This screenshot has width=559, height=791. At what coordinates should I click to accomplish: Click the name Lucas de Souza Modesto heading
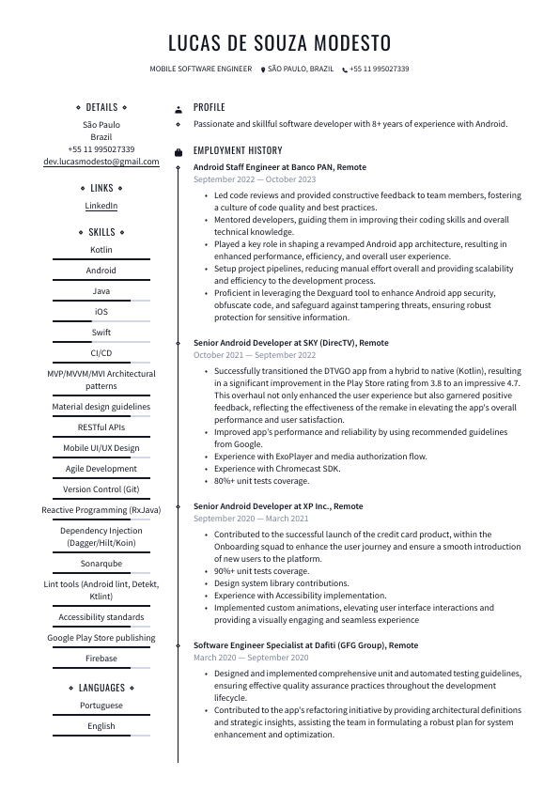(279, 43)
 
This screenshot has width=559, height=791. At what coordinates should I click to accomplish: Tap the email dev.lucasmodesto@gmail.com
(101, 162)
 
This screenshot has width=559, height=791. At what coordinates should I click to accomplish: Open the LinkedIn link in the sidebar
(101, 206)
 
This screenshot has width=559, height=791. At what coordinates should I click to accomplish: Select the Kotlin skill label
(101, 250)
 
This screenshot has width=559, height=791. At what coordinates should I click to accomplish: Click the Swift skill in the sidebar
(101, 333)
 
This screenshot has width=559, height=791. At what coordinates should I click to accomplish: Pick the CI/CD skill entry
(101, 353)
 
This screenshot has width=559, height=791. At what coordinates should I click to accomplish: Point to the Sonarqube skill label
(101, 564)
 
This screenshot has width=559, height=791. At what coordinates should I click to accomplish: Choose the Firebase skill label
(101, 659)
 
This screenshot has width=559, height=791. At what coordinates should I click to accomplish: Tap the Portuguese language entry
(101, 706)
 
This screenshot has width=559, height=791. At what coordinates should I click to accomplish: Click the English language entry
(101, 726)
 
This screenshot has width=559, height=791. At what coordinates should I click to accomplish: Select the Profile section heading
(210, 108)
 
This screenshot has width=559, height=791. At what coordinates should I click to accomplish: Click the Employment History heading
(238, 150)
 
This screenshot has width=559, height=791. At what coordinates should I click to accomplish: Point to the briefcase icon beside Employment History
(179, 151)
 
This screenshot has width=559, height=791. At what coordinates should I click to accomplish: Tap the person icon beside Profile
(179, 109)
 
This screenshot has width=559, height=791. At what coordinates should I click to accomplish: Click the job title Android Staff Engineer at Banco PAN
(280, 167)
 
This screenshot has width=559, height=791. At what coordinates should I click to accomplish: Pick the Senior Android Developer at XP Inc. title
(278, 506)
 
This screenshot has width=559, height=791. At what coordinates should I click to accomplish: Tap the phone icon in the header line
(345, 70)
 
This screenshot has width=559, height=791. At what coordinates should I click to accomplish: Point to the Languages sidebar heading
(101, 688)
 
